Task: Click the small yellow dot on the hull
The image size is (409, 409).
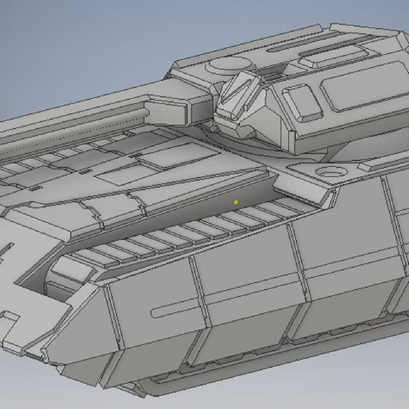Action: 236,203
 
